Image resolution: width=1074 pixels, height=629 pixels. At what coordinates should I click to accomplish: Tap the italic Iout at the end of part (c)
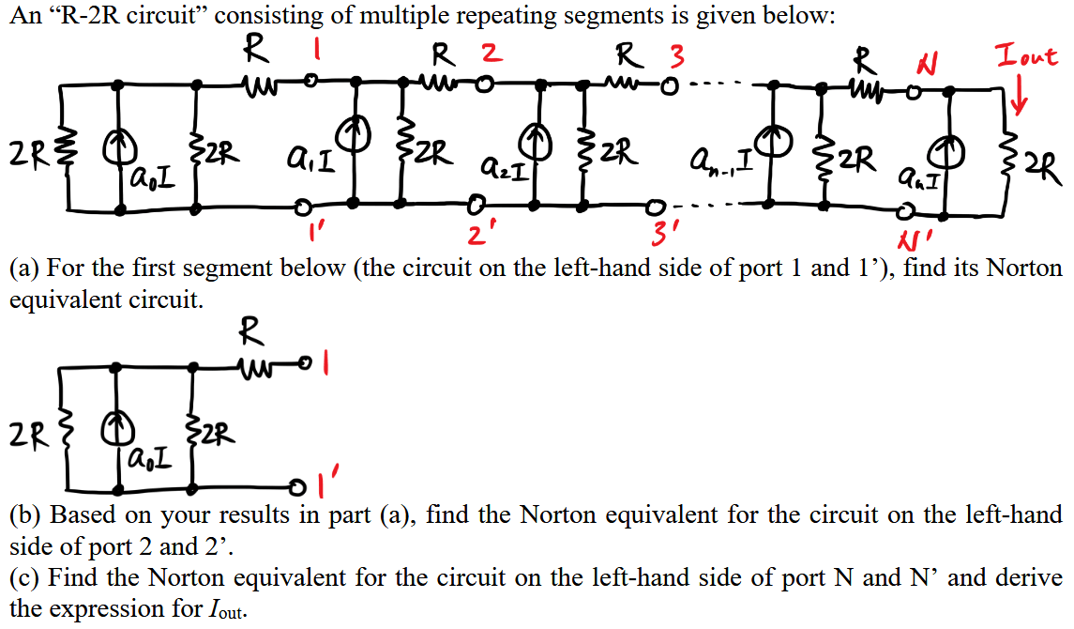(223, 609)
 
